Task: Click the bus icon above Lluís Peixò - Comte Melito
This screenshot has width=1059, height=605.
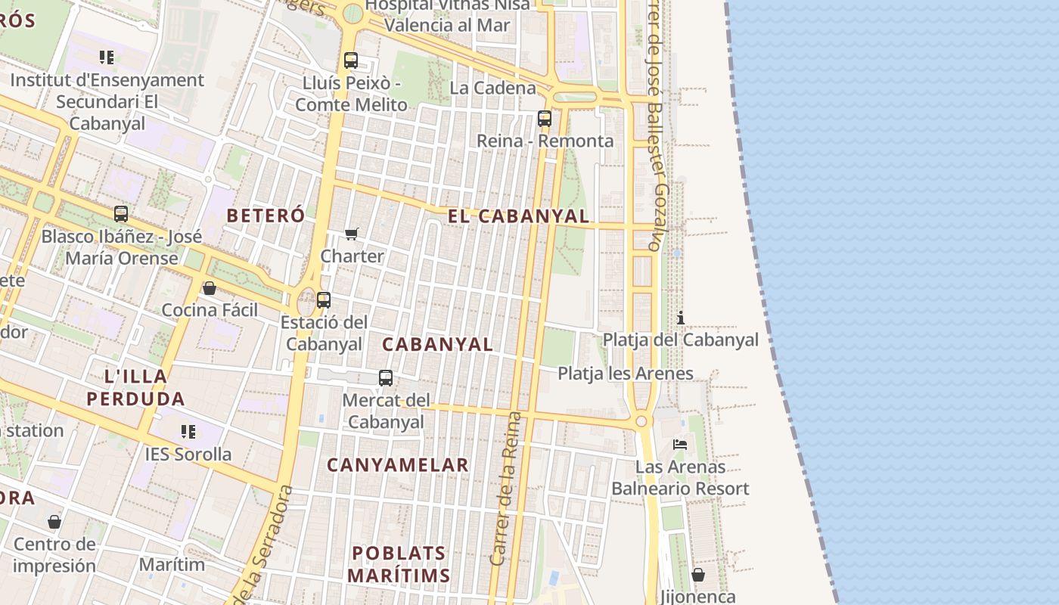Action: (x=350, y=60)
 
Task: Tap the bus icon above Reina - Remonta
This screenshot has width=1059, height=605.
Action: (x=545, y=119)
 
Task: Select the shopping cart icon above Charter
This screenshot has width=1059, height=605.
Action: (x=352, y=234)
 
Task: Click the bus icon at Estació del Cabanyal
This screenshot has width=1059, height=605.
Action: (x=324, y=300)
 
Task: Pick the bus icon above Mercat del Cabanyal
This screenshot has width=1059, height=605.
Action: (x=386, y=378)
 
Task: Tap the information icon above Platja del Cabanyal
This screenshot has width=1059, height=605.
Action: (x=681, y=318)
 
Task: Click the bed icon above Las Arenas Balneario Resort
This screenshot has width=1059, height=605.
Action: (x=680, y=445)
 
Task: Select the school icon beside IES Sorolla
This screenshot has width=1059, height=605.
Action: (x=188, y=432)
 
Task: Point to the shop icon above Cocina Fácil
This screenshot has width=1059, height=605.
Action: (x=210, y=288)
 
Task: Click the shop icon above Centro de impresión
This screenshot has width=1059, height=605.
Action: (x=54, y=522)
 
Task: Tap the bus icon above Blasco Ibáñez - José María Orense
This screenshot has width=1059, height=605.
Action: (x=121, y=214)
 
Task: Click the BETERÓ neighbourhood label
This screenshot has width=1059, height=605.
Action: (x=266, y=216)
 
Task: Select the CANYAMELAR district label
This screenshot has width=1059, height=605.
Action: (x=398, y=465)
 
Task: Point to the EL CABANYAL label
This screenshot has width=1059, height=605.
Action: (x=518, y=216)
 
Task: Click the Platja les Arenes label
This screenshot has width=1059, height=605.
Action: (x=626, y=373)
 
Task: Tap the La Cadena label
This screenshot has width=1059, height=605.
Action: (x=492, y=88)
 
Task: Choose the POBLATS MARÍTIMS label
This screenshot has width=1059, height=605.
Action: (x=399, y=564)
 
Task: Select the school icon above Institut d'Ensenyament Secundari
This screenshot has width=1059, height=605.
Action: (x=107, y=57)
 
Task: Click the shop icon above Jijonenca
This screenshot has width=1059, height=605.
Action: (x=698, y=576)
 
